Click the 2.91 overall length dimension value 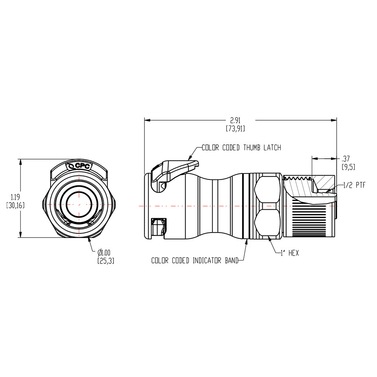235,121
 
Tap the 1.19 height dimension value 15,197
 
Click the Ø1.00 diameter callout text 105,253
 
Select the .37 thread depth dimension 345,158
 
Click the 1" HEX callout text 289,253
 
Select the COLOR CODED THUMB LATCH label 241,148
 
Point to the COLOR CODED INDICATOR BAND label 195,261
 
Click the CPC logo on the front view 79,166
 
